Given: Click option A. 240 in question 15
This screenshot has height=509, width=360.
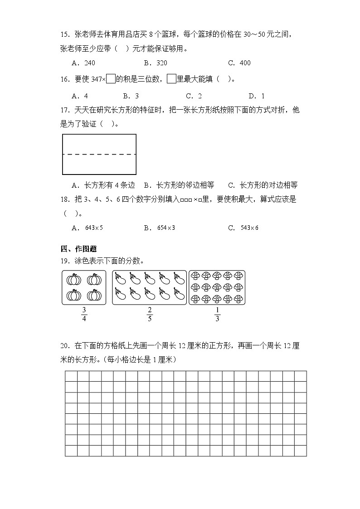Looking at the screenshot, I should click(83, 63).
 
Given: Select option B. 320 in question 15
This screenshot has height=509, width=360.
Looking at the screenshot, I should click(155, 63).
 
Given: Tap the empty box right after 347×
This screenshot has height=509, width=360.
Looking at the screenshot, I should click(110, 79).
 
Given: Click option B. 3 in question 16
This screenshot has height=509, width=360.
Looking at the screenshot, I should click(131, 96).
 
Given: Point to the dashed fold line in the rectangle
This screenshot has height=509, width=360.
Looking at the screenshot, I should click(99, 154).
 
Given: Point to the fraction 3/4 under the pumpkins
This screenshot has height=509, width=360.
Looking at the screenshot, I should click(84, 314).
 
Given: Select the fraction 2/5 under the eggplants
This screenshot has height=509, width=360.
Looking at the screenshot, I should click(149, 314).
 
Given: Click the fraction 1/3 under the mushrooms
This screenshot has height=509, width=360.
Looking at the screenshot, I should click(217, 314).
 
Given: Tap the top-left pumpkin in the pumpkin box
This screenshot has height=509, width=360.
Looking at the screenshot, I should click(74, 280).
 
